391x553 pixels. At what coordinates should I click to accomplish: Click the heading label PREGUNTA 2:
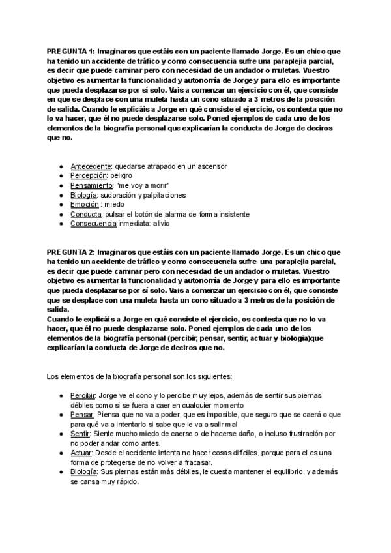click(71, 252)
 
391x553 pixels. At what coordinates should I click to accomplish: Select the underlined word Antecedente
click(91, 166)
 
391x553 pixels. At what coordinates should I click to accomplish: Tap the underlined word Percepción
click(89, 176)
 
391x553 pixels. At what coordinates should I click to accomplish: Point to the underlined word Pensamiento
click(91, 185)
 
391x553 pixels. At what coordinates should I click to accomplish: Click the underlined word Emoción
click(85, 204)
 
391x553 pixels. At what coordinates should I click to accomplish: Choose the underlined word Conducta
click(86, 214)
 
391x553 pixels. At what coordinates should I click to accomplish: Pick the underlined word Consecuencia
click(93, 223)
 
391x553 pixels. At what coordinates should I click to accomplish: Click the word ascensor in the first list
click(210, 166)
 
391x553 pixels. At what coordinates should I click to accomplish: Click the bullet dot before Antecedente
click(61, 167)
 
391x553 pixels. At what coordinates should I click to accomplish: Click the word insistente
click(233, 214)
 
